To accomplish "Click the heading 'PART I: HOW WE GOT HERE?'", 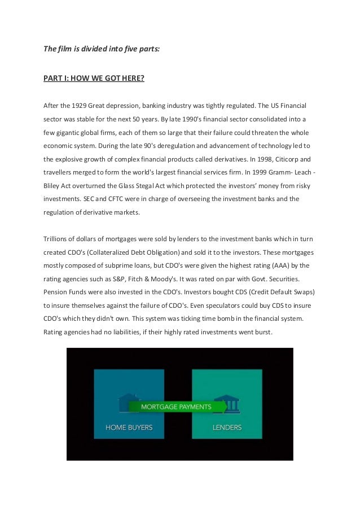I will tap(94, 78).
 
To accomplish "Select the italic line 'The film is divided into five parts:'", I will tap(102, 49).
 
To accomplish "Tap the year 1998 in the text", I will tap(253, 160).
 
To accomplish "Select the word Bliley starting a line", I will tap(53, 187).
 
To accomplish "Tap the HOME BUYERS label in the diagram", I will tap(129, 427).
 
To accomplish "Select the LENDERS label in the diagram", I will tap(227, 427).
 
